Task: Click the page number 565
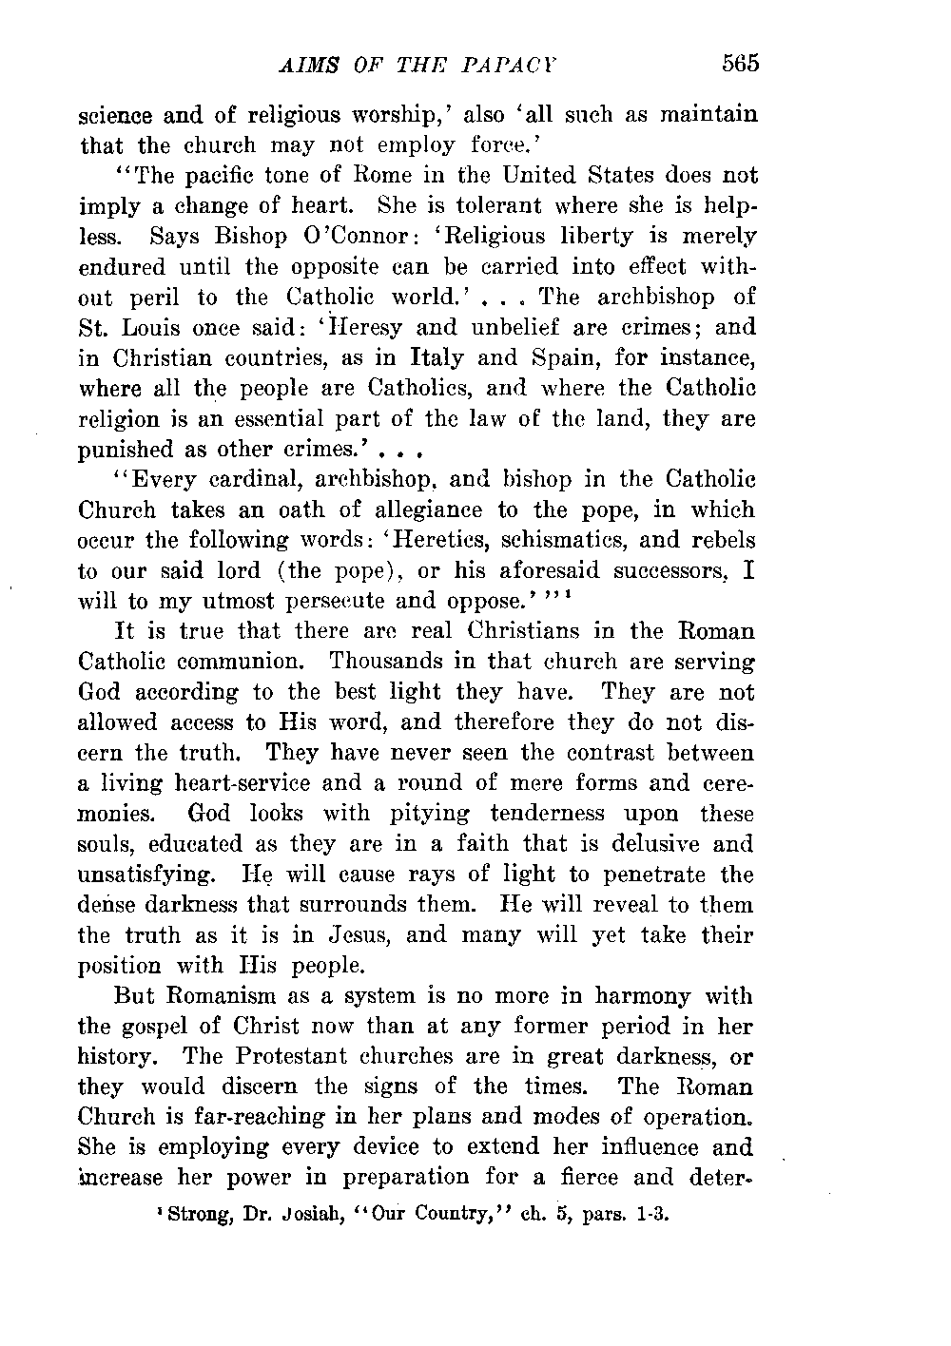(738, 64)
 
